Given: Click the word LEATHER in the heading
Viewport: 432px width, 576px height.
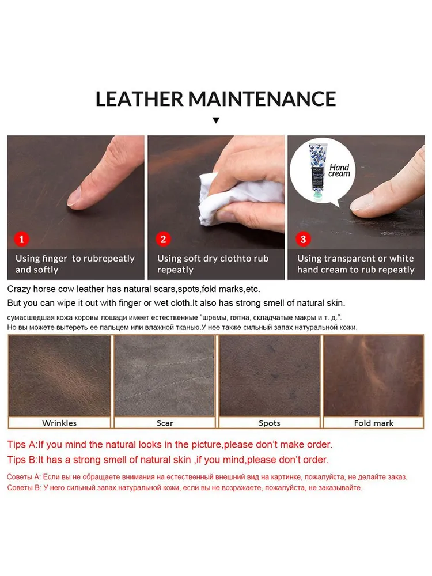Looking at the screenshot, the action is coord(139,99).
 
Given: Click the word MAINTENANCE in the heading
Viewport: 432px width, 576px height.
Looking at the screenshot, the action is coord(262,99).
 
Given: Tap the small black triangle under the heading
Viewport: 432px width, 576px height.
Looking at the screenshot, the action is coord(216,120).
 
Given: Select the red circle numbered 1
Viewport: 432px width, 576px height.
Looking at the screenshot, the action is coord(22,239).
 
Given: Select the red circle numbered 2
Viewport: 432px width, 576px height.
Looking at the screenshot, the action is coord(163,239).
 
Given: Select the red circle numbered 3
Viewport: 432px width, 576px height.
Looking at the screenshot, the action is coord(303,239).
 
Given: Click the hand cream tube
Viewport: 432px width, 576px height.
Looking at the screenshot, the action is coord(316,171).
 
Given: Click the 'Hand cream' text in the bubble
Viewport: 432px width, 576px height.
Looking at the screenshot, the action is coord(339,170).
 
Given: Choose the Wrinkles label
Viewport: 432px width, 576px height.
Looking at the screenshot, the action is coord(59,423).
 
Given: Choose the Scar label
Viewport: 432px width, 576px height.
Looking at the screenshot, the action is coord(165,423).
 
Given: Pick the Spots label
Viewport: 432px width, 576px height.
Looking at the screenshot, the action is coord(269,423).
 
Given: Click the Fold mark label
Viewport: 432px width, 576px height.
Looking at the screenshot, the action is coord(374,423).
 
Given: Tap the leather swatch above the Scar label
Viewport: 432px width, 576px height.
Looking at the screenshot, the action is coord(164,376).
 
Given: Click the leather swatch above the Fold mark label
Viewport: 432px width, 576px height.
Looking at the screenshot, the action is coord(373,376).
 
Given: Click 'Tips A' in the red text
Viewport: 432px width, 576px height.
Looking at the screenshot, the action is coord(22,445).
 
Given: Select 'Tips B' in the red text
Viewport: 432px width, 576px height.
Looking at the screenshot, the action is coord(22,460).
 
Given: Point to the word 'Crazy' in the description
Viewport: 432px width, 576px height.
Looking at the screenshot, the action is coord(19,290).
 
